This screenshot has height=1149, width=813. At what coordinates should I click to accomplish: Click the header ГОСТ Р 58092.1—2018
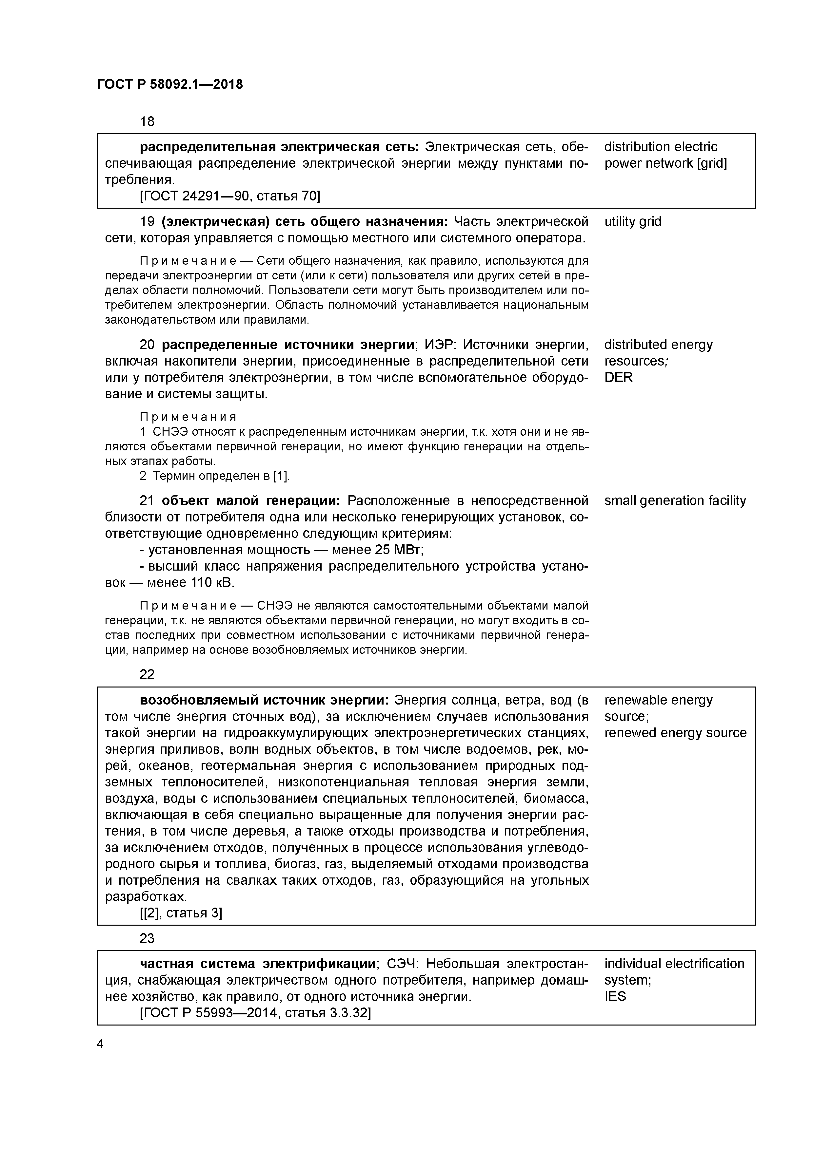click(x=169, y=85)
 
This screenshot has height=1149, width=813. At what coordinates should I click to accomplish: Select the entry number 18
click(x=147, y=121)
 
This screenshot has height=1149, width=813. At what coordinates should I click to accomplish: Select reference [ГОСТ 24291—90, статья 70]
click(x=229, y=196)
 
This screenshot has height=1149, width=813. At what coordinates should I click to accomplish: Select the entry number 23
click(x=147, y=938)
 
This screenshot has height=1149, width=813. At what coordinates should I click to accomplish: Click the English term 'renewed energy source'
click(x=675, y=733)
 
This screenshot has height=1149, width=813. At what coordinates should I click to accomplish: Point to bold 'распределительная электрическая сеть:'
click(x=279, y=147)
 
